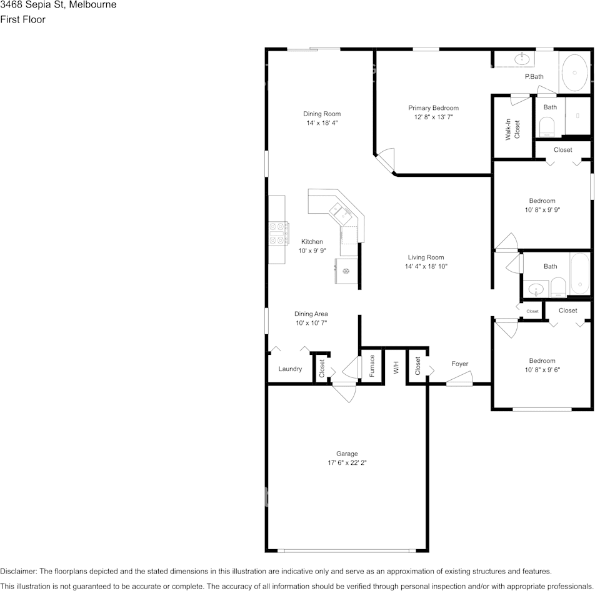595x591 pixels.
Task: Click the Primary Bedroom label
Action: point(433,108)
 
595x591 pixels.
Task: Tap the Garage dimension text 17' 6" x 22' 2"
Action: point(347,463)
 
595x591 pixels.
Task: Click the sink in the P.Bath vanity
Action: point(522,59)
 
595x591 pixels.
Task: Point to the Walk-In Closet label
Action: point(512,130)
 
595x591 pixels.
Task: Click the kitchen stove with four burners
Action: point(278,233)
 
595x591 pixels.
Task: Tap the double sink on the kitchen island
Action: point(341,213)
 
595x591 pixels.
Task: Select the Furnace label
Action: point(372,365)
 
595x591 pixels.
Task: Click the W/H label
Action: point(396,367)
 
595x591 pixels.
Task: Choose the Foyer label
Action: point(459,364)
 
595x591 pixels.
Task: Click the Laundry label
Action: point(290,369)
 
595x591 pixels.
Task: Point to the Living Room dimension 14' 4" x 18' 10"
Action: point(426,266)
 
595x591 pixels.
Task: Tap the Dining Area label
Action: point(311,314)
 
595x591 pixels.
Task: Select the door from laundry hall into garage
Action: point(344,392)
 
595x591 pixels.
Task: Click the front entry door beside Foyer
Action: point(459,379)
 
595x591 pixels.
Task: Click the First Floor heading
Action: point(22,19)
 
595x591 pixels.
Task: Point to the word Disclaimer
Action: point(18,571)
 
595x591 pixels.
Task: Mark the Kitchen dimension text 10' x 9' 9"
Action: point(312,251)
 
